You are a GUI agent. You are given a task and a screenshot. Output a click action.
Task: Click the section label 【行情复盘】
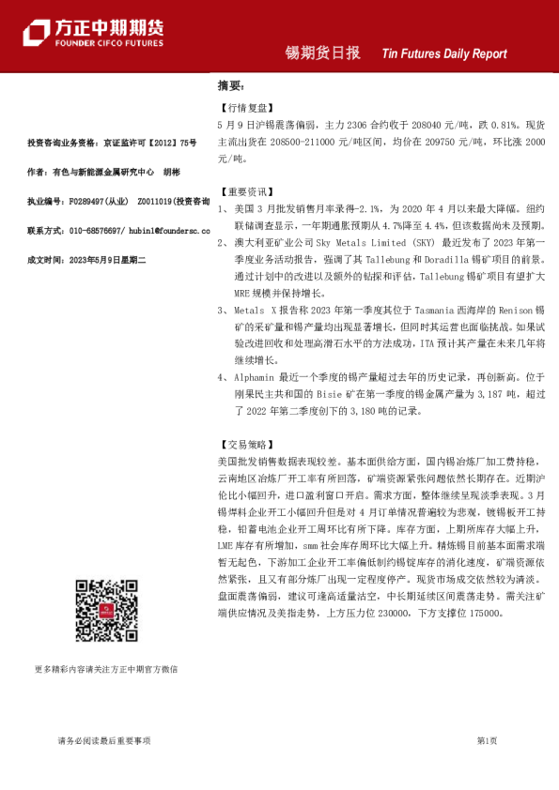pos(239,108)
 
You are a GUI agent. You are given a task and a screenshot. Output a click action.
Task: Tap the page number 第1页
pos(487,741)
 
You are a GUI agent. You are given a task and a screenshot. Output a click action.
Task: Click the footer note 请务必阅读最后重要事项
pos(104,741)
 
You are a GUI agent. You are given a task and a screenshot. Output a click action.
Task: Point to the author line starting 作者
pos(103,173)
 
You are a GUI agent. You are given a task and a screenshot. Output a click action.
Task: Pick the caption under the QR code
pos(105,669)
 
